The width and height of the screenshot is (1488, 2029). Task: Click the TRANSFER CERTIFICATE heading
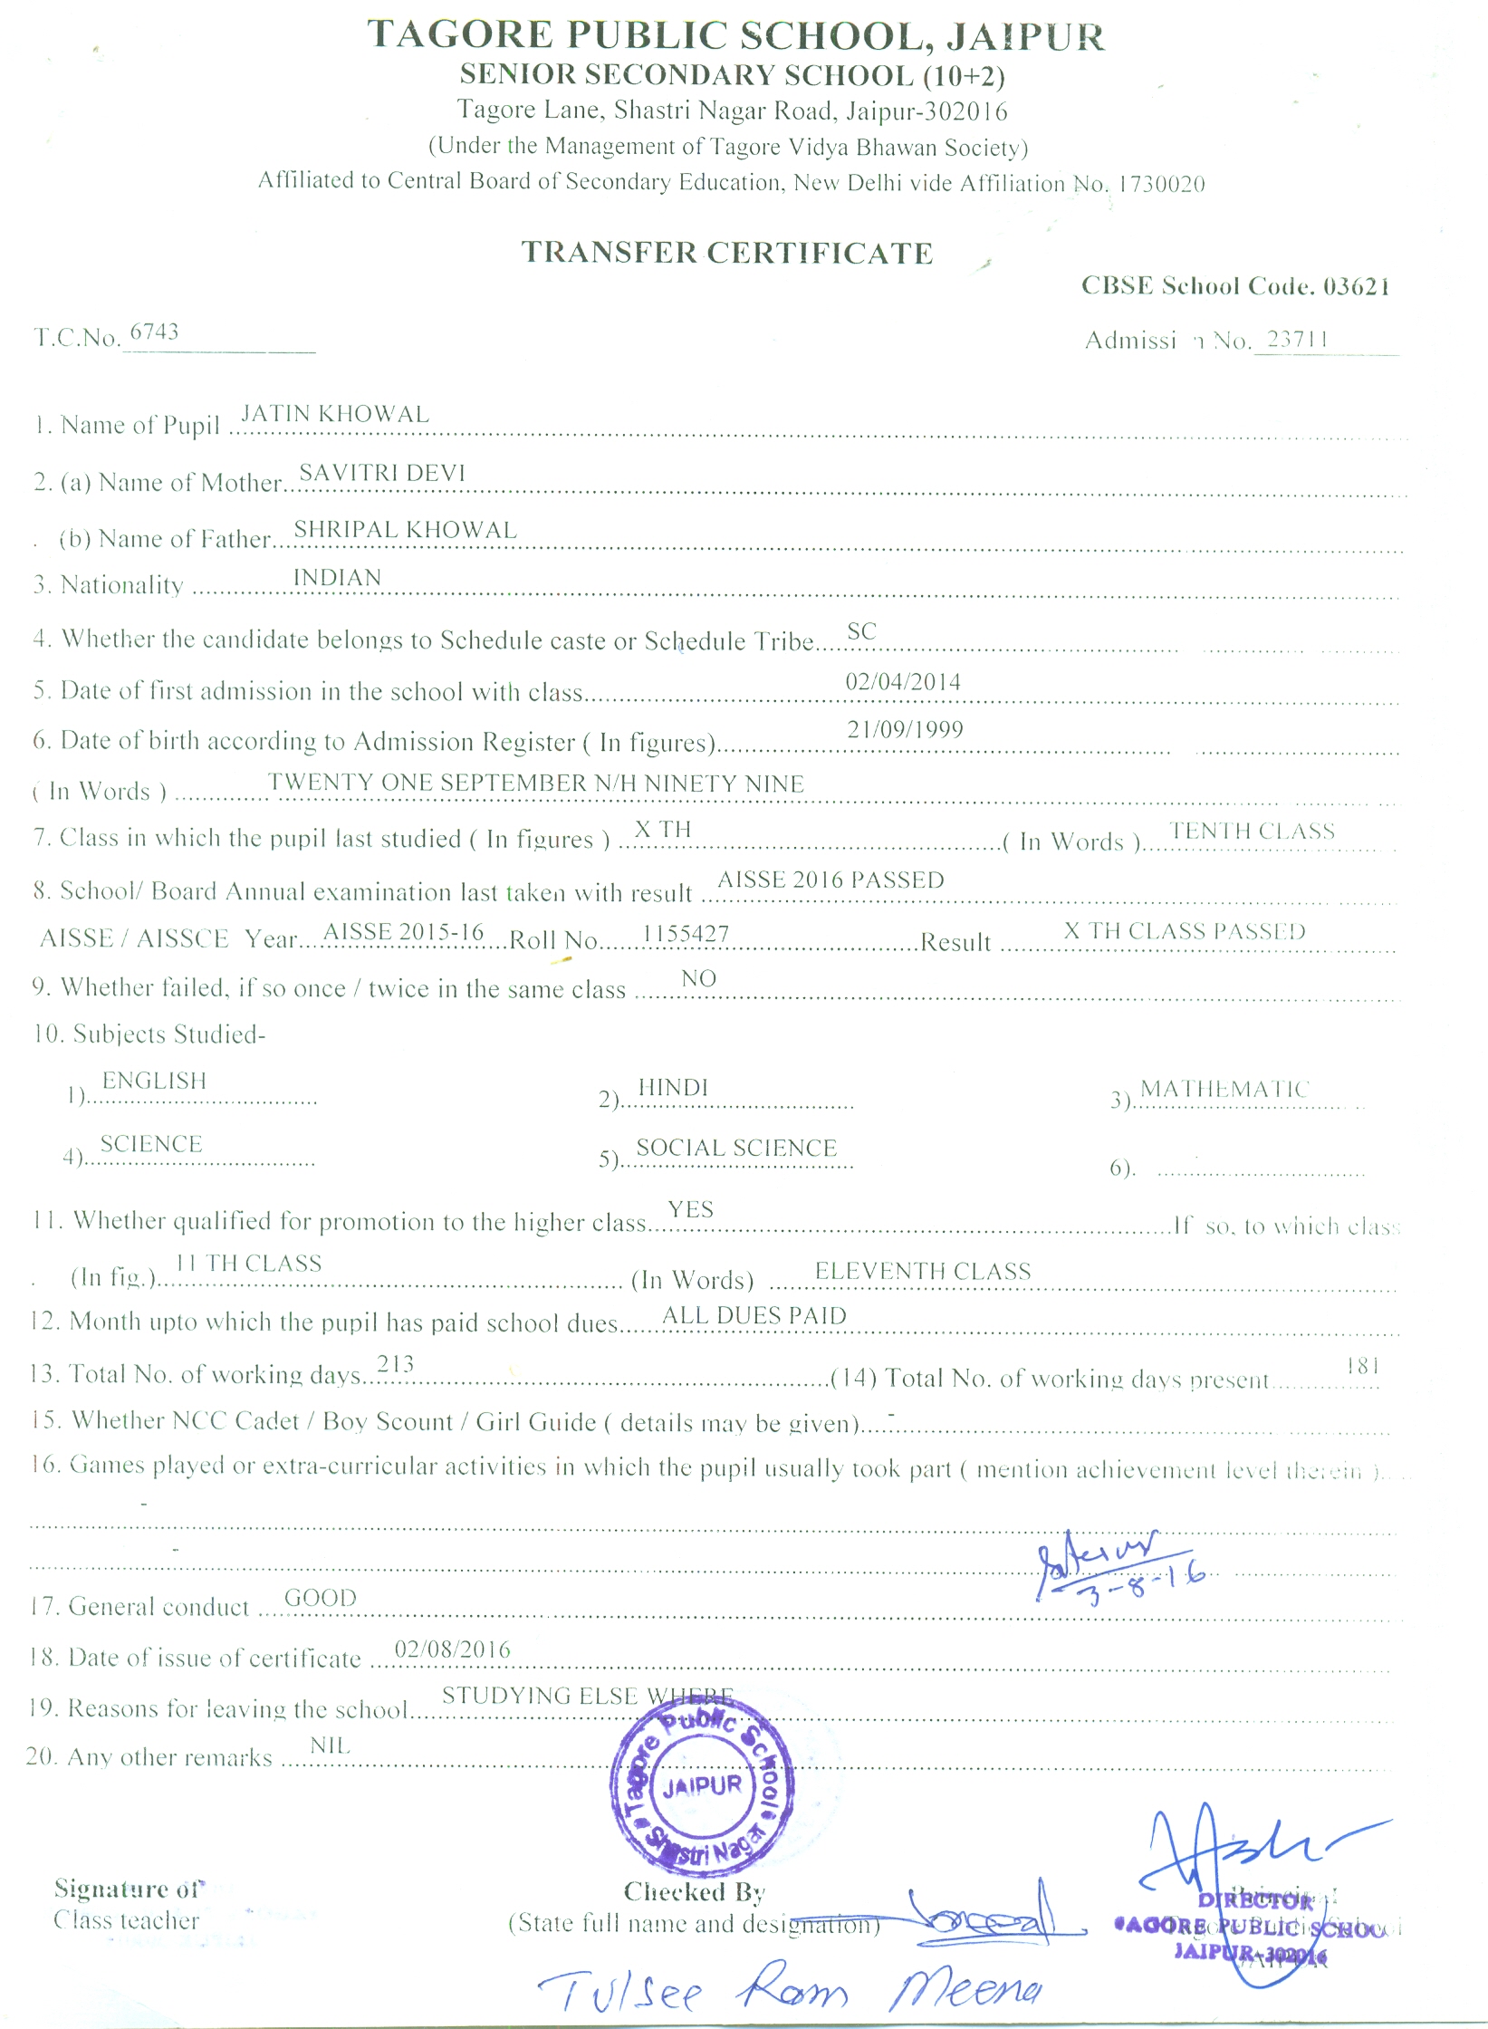(726, 253)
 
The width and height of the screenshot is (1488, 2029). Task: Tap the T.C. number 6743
(154, 332)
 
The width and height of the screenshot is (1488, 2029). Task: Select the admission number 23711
(1297, 339)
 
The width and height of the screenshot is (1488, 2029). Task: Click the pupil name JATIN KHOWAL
(334, 414)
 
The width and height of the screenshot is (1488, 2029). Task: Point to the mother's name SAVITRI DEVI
(382, 473)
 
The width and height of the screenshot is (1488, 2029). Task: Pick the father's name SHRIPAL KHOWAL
(405, 530)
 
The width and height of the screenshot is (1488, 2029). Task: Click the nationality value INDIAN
(337, 578)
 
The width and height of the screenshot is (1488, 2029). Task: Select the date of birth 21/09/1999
(905, 729)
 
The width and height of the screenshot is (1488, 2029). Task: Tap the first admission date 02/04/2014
(903, 682)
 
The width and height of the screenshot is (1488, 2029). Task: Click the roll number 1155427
(686, 933)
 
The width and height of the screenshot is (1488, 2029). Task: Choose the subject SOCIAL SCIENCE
(736, 1148)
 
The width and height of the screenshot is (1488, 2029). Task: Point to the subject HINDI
(673, 1088)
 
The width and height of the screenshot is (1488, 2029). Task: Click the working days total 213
(395, 1364)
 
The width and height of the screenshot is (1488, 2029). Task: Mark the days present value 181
(1363, 1366)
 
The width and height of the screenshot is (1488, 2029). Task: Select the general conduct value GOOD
(321, 1598)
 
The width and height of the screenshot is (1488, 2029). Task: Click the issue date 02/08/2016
(453, 1649)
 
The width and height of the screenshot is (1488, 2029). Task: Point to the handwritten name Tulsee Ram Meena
(789, 1989)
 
